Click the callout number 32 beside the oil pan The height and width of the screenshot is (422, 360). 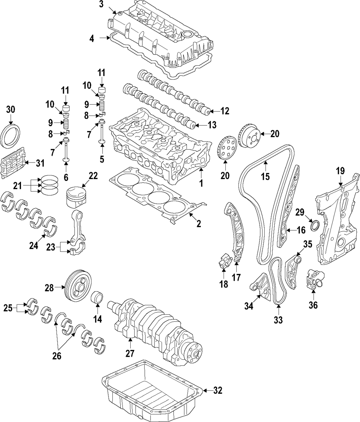tap(218, 390)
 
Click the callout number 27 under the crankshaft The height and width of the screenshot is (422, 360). tap(130, 353)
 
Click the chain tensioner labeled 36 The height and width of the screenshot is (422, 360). tap(315, 280)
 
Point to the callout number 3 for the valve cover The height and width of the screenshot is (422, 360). tap(101, 5)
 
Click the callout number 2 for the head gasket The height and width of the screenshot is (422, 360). tap(198, 223)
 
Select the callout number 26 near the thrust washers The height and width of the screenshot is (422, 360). tap(57, 356)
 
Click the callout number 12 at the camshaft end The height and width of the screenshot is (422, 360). tap(225, 111)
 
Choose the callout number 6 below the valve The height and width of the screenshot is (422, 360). tap(66, 177)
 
